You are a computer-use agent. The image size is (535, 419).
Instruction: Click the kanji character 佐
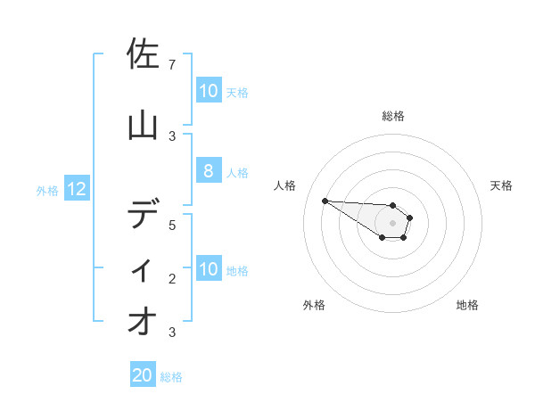coord(144,54)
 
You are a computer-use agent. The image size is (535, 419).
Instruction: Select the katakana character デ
coord(144,215)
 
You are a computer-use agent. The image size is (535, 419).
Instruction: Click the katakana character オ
coord(144,322)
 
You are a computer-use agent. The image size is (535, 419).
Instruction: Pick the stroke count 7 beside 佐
coord(172,65)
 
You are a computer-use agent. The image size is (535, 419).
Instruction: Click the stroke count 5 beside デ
coord(172,225)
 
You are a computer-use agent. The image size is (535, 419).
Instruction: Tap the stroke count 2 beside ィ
coord(172,278)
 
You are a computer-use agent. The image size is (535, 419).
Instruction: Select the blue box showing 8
coord(208,171)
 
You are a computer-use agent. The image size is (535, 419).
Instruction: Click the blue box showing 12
coord(76,189)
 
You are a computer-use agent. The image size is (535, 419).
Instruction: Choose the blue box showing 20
coord(143,375)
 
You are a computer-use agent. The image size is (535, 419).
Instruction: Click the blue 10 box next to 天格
coord(208,91)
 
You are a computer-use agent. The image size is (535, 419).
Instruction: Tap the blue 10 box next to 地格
coord(208,269)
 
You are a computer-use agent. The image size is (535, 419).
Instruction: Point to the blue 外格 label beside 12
coord(47,190)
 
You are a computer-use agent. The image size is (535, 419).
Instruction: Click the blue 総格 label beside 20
coord(171,376)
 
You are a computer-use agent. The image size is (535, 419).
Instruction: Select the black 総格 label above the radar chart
coord(393,116)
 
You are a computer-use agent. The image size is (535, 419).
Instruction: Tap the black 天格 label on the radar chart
coord(501,185)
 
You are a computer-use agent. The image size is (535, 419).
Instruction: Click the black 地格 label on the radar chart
coord(467,305)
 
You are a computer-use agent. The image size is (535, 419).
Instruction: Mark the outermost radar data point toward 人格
coord(325,201)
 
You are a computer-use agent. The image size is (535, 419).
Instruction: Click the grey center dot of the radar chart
coord(392,223)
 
